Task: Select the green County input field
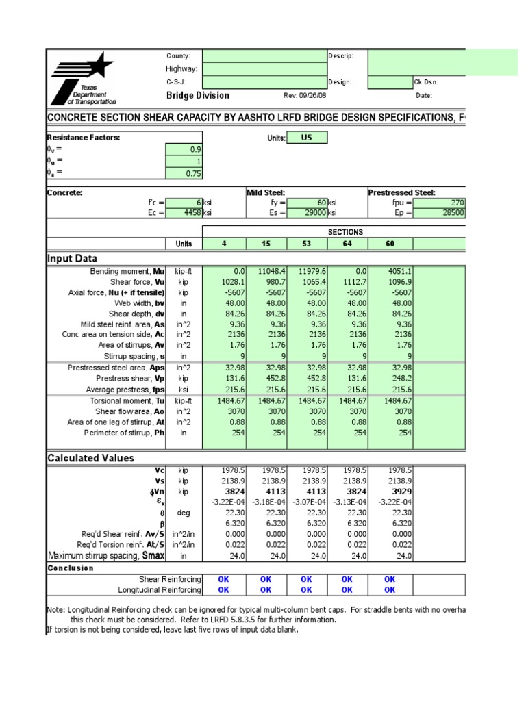point(264,56)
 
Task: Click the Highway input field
point(264,69)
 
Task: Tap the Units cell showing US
point(306,138)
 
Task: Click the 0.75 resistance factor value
point(184,174)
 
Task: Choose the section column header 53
point(307,244)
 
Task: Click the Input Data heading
point(72,259)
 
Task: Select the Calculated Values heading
point(90,458)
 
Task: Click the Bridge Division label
point(198,96)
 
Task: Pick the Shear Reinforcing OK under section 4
point(223,579)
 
